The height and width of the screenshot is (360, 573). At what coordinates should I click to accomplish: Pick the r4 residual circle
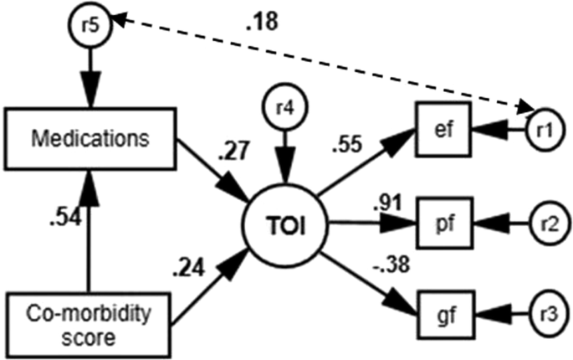click(285, 108)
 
